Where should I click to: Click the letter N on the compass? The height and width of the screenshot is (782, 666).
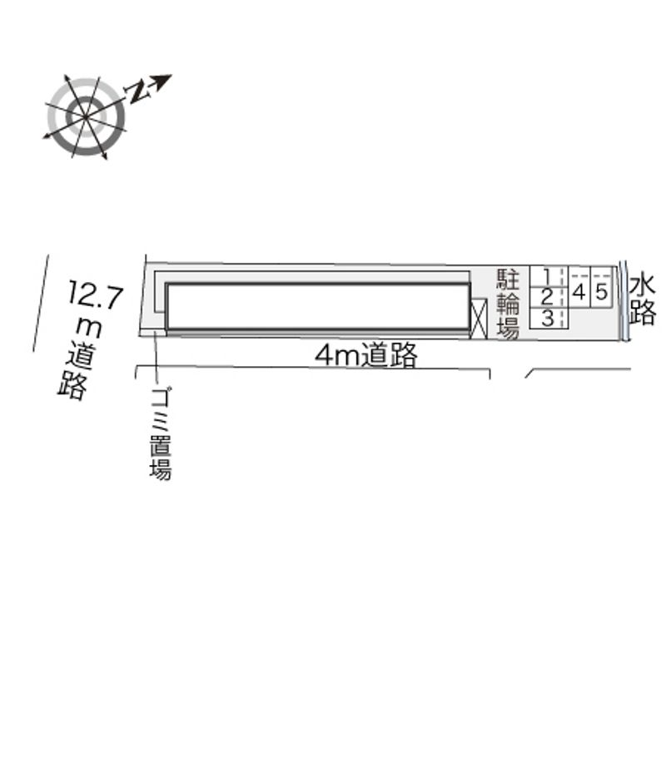[136, 92]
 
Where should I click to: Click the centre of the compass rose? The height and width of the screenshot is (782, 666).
[86, 116]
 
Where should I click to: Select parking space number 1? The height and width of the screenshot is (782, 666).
[548, 277]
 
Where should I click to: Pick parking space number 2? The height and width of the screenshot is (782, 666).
[548, 298]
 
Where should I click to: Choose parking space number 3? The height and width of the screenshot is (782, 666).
[548, 318]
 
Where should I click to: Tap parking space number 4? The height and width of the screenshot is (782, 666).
[579, 292]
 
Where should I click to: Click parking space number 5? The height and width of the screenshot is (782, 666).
[602, 292]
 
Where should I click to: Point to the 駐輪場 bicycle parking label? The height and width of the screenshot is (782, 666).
[508, 304]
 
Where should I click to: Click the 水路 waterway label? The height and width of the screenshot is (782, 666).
[642, 300]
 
